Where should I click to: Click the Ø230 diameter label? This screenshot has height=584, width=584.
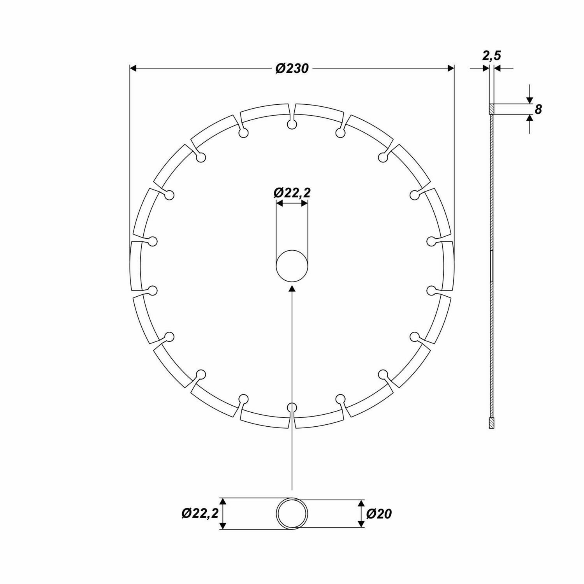click(x=292, y=69)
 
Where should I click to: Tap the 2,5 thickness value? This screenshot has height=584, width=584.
click(x=491, y=56)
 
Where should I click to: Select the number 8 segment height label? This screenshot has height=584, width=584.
click(x=538, y=109)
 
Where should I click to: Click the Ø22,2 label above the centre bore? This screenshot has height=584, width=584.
click(x=292, y=192)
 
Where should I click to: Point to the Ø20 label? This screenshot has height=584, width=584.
click(x=378, y=514)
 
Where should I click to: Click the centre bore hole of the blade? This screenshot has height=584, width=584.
click(x=292, y=266)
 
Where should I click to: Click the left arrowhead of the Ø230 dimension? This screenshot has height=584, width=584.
click(x=133, y=69)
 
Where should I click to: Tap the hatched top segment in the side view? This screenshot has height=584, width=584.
click(x=491, y=109)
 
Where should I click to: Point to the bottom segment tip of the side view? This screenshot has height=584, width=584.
click(x=492, y=424)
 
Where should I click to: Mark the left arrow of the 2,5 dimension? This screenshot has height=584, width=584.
click(x=485, y=69)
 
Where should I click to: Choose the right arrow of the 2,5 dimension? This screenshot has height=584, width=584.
click(x=497, y=69)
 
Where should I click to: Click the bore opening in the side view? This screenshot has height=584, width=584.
click(x=492, y=266)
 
